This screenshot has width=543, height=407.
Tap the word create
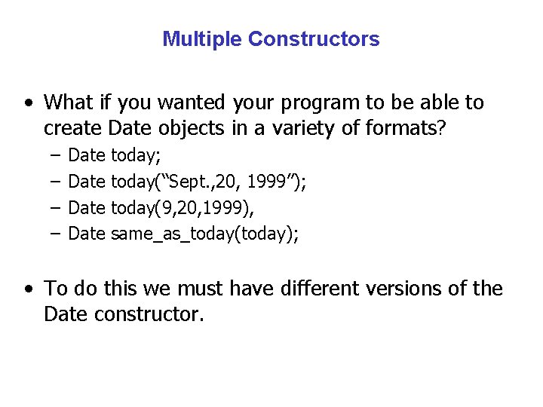pyautogui.click(x=74, y=128)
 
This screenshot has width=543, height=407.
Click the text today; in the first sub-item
pyautogui.click(x=136, y=156)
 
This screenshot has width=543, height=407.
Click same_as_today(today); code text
pyautogui.click(x=204, y=234)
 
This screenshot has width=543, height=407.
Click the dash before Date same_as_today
pyautogui.click(x=57, y=234)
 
